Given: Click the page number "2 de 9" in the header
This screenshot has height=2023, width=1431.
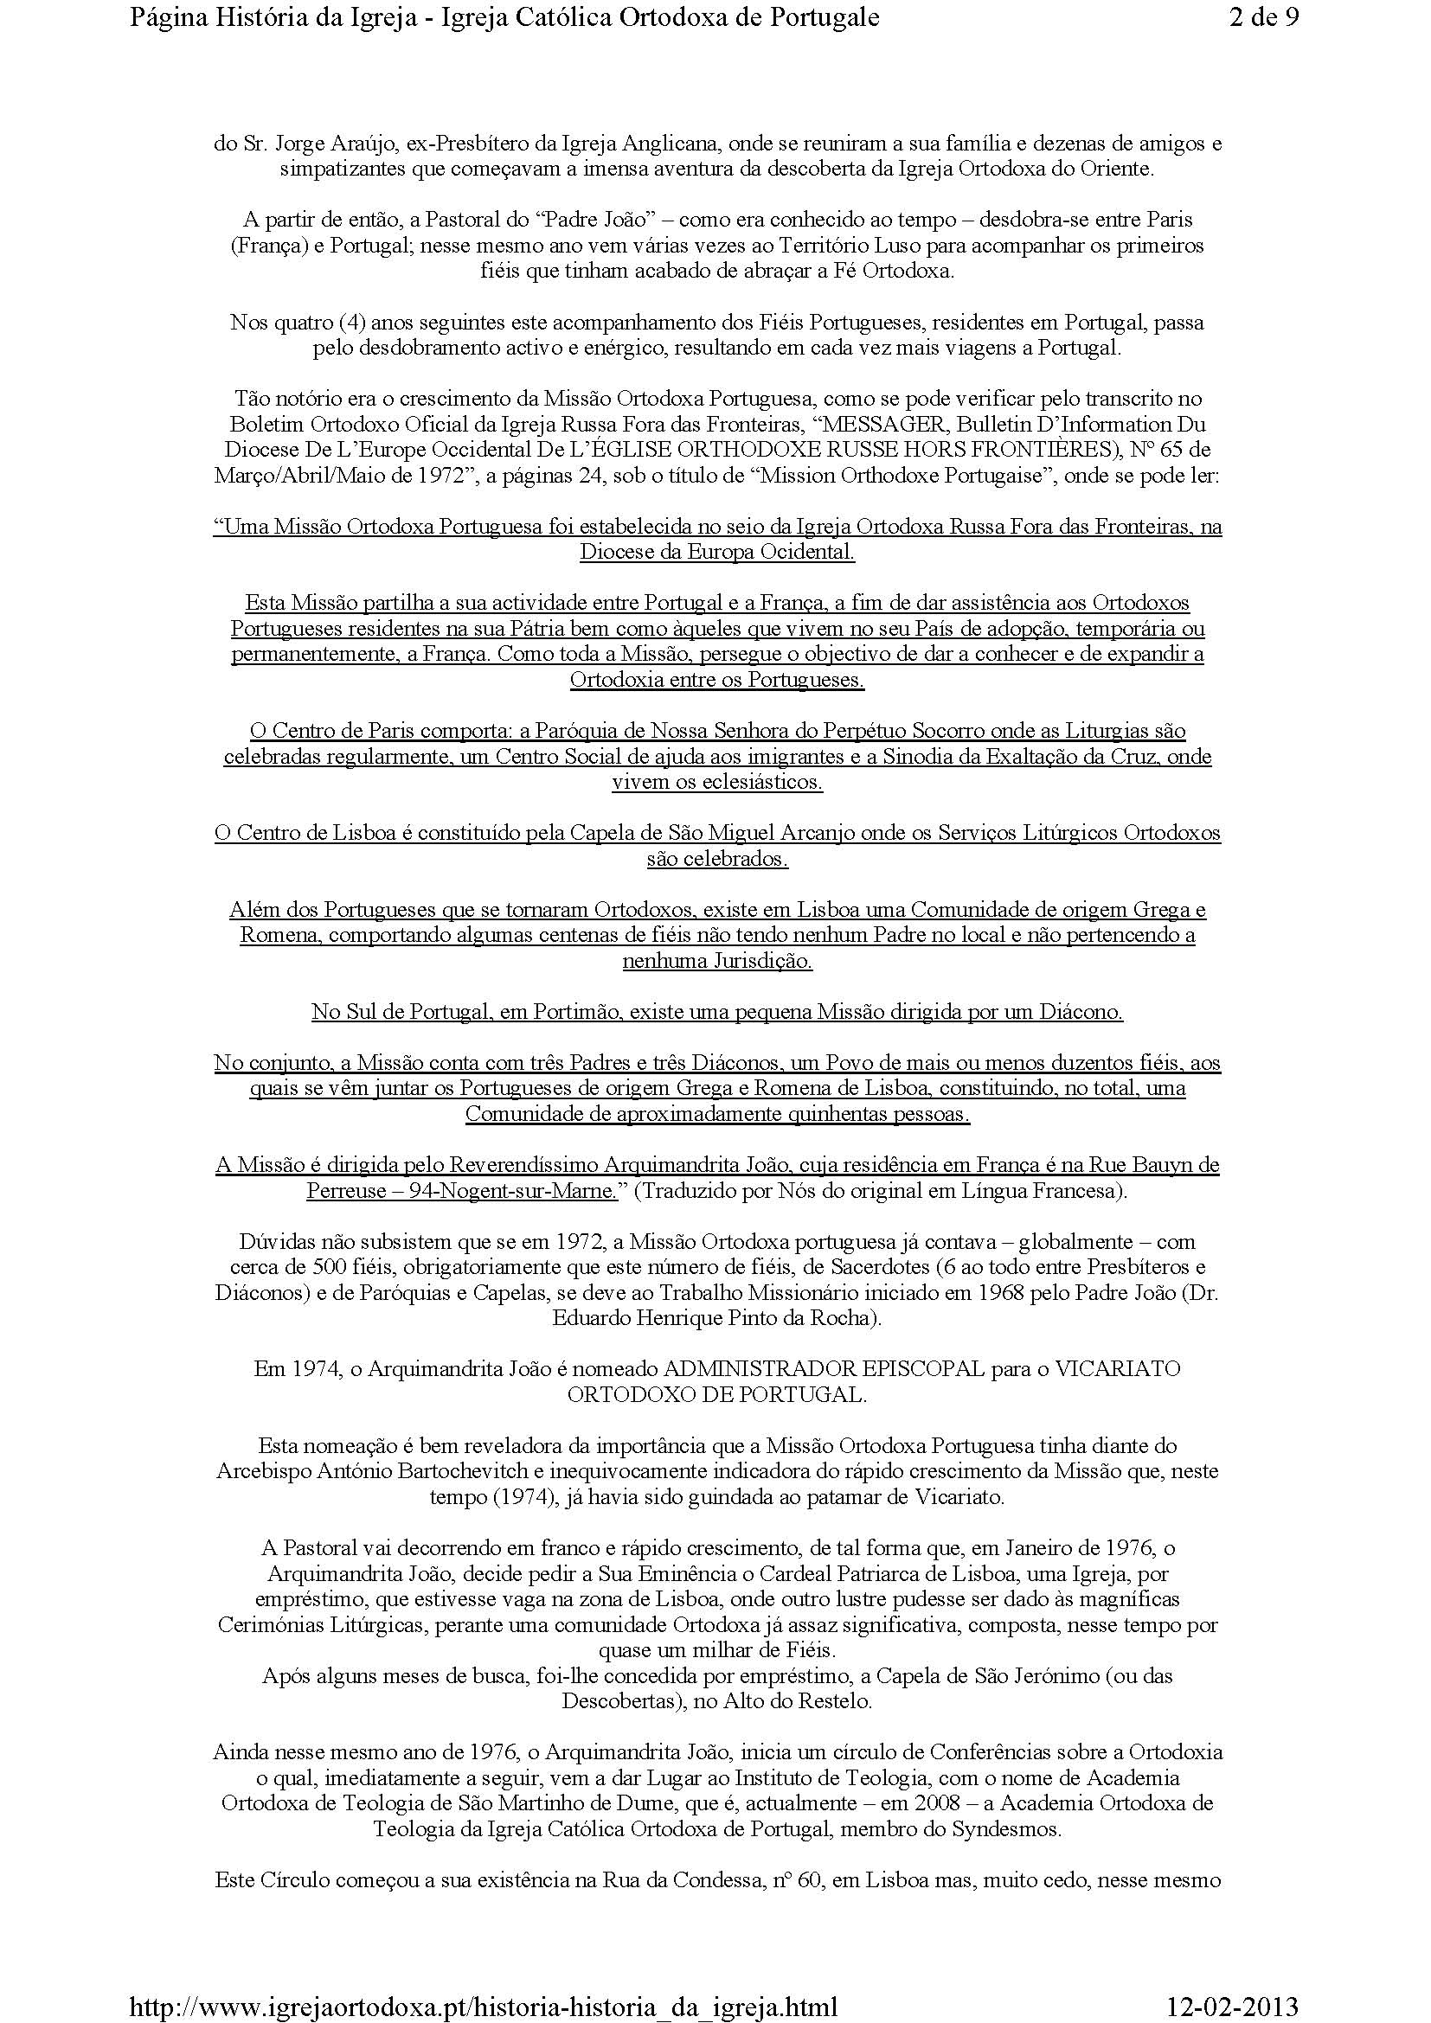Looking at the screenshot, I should (x=1262, y=17).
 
